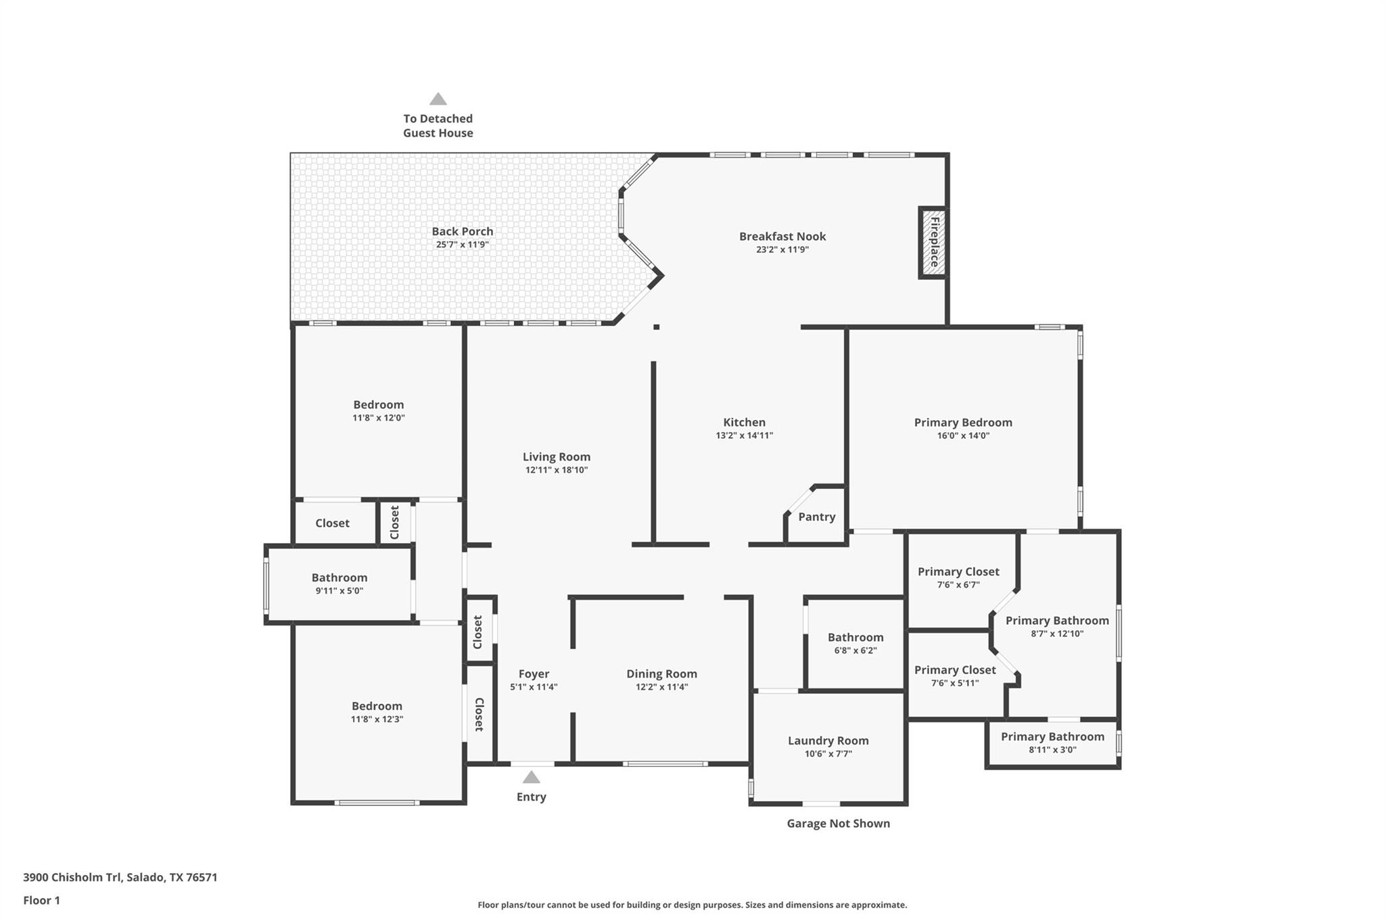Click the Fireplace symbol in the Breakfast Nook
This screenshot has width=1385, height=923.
[933, 242]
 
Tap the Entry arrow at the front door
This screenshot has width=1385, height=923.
[532, 778]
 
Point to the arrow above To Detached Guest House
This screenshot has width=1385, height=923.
[438, 99]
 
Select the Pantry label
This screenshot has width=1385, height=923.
[816, 517]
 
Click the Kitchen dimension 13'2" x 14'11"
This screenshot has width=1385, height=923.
[744, 435]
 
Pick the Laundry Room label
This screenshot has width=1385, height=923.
[828, 740]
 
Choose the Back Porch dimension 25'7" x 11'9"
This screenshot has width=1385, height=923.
[462, 245]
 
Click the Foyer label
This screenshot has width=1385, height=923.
[534, 673]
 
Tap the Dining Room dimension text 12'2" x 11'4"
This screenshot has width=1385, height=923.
[661, 687]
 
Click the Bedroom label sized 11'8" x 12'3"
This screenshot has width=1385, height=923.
[377, 706]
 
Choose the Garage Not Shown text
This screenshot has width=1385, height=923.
[838, 823]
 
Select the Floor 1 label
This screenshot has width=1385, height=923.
[41, 900]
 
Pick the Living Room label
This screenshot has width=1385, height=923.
[556, 456]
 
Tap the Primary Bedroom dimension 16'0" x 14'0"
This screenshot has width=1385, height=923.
[963, 435]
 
